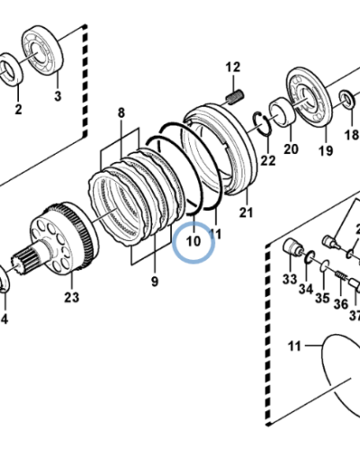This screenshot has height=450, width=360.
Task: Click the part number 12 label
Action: [x=234, y=67]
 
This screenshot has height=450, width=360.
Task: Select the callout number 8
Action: [x=121, y=112]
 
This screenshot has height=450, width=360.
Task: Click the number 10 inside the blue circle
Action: [x=193, y=241]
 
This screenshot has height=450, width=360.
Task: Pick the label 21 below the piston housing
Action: [x=247, y=213]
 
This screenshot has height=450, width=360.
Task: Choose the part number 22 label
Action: [x=268, y=161]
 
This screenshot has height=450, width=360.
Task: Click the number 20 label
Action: [x=290, y=150]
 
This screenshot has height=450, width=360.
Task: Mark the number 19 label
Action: [x=323, y=150]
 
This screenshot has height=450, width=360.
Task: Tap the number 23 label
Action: [x=71, y=296]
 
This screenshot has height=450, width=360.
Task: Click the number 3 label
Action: [x=57, y=96]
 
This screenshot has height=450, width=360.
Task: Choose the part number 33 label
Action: [x=290, y=280]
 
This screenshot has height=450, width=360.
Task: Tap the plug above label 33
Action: [x=291, y=248]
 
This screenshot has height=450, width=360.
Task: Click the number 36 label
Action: [x=341, y=304]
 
